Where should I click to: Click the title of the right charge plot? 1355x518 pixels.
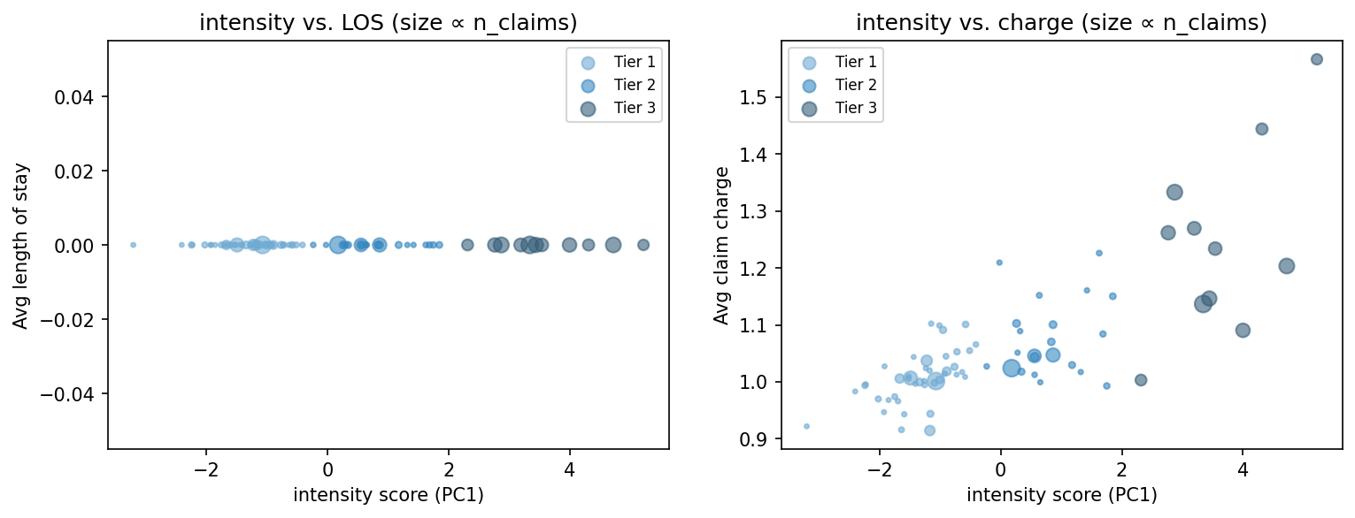1061,24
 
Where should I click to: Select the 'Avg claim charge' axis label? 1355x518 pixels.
722,245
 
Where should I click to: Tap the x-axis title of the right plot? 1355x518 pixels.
1061,495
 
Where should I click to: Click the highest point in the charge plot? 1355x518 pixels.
1316,59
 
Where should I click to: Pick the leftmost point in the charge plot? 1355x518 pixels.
806,426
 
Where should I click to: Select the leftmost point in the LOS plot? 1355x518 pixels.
133,245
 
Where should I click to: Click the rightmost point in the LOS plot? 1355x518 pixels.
643,245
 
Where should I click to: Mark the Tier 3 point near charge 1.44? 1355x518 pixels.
1262,129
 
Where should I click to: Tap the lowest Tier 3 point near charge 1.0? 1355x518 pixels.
1141,380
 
